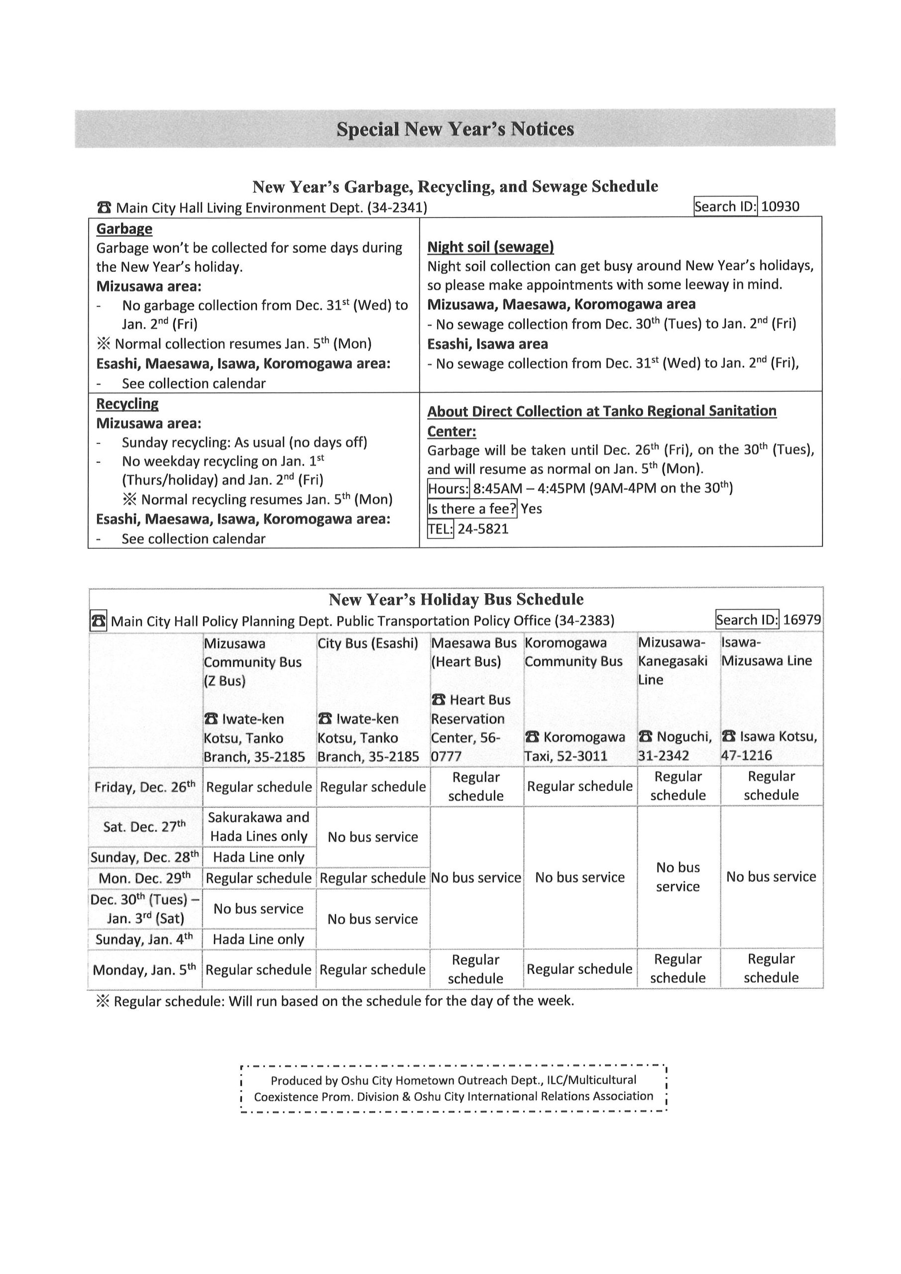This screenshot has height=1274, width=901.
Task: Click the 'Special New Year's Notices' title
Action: click(454, 129)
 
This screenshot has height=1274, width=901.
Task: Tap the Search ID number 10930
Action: click(780, 207)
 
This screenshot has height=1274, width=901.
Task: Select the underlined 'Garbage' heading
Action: click(124, 228)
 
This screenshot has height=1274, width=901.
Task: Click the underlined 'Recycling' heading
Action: click(127, 404)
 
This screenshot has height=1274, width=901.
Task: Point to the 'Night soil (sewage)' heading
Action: click(490, 247)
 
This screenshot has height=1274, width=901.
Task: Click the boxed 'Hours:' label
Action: click(449, 489)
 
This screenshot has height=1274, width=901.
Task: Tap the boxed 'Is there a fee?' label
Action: click(472, 509)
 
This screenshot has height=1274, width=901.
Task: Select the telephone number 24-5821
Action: click(482, 529)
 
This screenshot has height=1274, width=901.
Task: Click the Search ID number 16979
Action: click(801, 619)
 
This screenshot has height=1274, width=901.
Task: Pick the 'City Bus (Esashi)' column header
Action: click(367, 643)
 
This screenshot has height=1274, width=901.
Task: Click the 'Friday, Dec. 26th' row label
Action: click(144, 787)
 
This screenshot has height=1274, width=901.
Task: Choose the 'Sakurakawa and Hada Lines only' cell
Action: click(259, 826)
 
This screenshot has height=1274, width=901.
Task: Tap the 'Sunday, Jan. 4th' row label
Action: click(144, 939)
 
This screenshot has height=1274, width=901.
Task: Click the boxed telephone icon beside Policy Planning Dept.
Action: click(98, 621)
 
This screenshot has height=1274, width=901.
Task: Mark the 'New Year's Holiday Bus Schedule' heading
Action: click(456, 599)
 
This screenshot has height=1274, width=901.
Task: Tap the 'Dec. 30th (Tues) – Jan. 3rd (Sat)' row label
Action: click(144, 908)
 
